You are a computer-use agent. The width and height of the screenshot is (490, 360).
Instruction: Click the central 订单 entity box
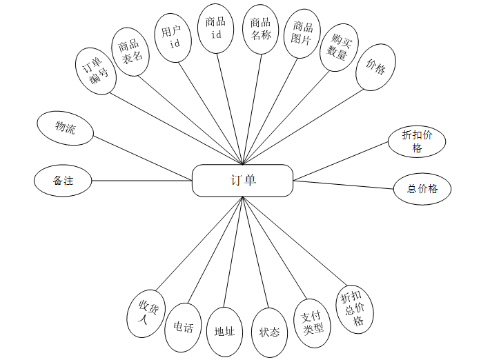pyautogui.click(x=242, y=181)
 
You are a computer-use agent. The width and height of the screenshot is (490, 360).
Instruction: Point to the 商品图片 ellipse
pyautogui.click(x=302, y=35)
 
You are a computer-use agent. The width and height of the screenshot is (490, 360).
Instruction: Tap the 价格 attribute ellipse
pyautogui.click(x=376, y=67)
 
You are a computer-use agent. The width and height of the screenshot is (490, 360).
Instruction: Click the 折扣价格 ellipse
pyautogui.click(x=416, y=142)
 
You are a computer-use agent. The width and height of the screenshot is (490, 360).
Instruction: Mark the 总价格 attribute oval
pyautogui.click(x=423, y=189)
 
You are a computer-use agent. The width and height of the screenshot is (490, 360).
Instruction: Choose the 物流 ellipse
pyautogui.click(x=66, y=128)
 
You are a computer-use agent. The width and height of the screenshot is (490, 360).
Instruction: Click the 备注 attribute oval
pyautogui.click(x=63, y=181)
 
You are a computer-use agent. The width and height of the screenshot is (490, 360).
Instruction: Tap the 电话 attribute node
pyautogui.click(x=184, y=328)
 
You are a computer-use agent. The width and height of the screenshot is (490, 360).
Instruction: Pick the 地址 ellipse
pyautogui.click(x=225, y=332)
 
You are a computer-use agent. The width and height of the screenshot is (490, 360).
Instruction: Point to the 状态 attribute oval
pyautogui.click(x=269, y=332)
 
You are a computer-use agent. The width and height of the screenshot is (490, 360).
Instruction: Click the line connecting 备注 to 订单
pyautogui.click(x=141, y=181)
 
